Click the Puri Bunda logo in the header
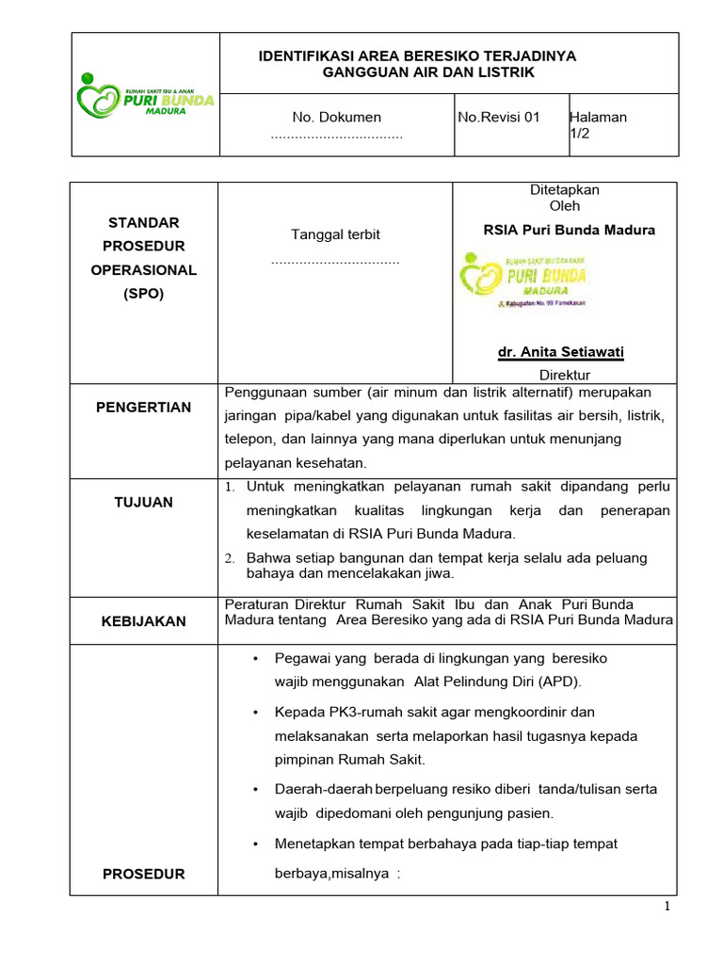click(145, 93)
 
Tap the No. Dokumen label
click(336, 118)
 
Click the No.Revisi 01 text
click(499, 118)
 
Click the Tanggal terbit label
click(336, 234)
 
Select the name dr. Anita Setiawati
click(561, 352)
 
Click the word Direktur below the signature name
click(565, 375)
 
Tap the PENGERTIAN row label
click(143, 408)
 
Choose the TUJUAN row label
click(143, 503)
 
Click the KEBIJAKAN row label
click(143, 621)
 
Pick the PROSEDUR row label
click(143, 874)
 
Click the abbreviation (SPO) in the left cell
click(143, 294)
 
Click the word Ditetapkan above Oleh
click(565, 190)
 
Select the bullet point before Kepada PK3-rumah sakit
click(256, 713)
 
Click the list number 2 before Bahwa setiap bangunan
click(229, 558)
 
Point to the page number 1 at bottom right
click(667, 907)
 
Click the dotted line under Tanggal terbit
click(335, 260)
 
